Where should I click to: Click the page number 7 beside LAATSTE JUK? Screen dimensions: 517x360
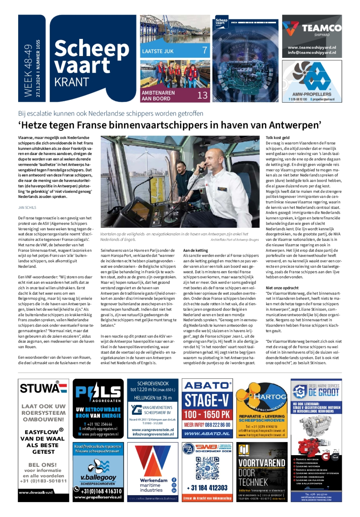point(205,50)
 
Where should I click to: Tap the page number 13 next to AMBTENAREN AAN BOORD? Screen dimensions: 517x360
point(202,95)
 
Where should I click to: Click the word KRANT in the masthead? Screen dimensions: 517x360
point(72,82)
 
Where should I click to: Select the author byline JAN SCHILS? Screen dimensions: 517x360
point(27,208)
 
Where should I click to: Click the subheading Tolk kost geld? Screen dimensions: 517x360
point(278,138)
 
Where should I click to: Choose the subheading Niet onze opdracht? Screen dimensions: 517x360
point(282,288)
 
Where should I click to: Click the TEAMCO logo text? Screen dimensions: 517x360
point(322,28)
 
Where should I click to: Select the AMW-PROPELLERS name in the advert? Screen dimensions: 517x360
point(312,94)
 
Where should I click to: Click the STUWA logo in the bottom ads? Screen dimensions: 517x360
point(43,388)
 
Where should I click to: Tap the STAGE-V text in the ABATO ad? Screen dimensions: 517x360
point(207,400)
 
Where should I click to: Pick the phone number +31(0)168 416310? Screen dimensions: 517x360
point(101,491)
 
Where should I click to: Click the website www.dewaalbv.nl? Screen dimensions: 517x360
point(36,492)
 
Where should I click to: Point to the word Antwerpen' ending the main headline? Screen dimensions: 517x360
point(295,125)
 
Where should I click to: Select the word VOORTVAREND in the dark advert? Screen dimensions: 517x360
point(262,463)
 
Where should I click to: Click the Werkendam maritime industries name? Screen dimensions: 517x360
point(154,485)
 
